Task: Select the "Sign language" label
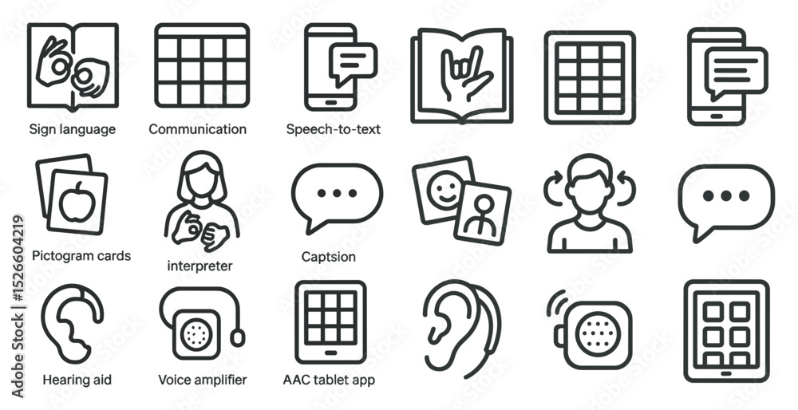pyautogui.click(x=73, y=130)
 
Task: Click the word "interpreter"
pyautogui.click(x=199, y=266)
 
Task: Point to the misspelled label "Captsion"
pyautogui.click(x=328, y=256)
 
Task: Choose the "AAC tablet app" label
pyautogui.click(x=330, y=380)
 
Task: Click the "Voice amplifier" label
pyautogui.click(x=202, y=380)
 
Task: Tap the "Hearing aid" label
pyautogui.click(x=77, y=380)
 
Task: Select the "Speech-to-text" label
pyautogui.click(x=334, y=129)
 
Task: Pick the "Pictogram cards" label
pyautogui.click(x=81, y=255)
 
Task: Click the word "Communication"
pyautogui.click(x=197, y=129)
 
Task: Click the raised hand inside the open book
pyautogui.click(x=464, y=73)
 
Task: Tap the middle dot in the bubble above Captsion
pyautogui.click(x=337, y=193)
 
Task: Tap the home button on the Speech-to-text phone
pyautogui.click(x=330, y=102)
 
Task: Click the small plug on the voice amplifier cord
pyautogui.click(x=238, y=337)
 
